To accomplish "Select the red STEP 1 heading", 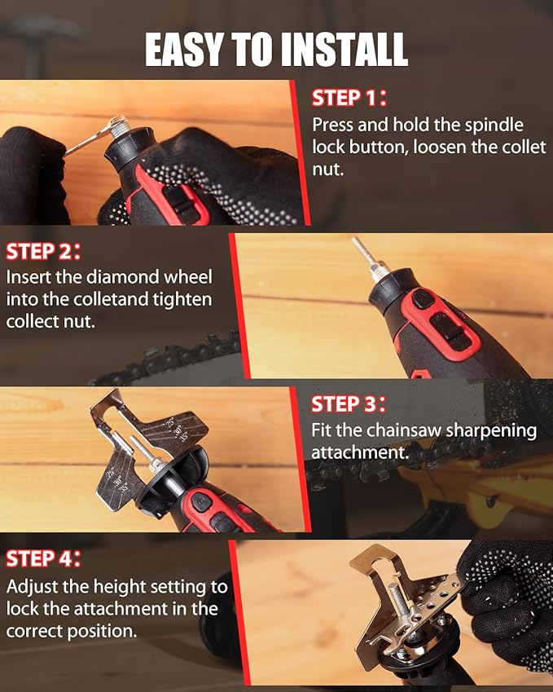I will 349,99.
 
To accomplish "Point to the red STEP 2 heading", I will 43,250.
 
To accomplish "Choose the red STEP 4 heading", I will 43,558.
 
